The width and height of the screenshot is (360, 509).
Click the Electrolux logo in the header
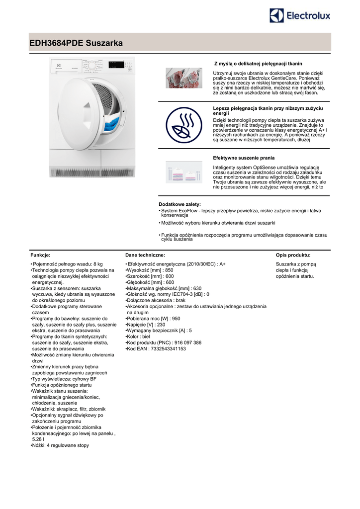[299, 15]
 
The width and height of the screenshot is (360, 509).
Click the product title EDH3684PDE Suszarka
[76, 43]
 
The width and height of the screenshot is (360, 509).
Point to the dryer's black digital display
[116, 65]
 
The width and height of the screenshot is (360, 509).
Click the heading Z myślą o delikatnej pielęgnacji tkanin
[258, 64]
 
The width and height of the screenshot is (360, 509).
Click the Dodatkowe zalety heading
[180, 204]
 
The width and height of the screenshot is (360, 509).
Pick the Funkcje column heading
[40, 255]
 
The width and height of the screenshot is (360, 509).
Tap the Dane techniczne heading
[145, 255]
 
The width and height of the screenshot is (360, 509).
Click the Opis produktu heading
[293, 255]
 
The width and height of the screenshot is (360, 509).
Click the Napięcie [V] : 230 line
[146, 324]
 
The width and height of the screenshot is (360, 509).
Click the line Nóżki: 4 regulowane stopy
[60, 445]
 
